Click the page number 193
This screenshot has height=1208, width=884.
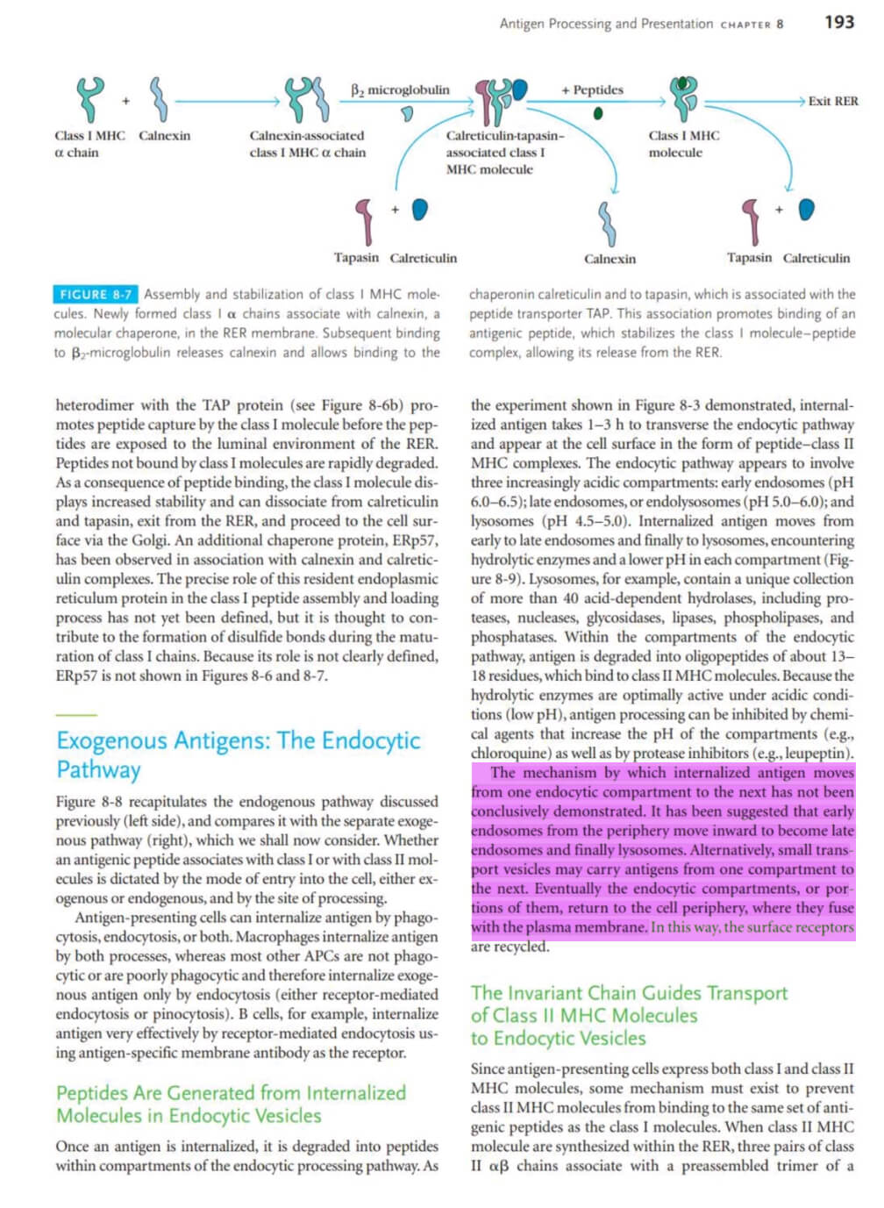click(839, 22)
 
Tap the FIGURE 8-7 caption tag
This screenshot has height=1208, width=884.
click(95, 295)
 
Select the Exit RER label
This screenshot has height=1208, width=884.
click(833, 101)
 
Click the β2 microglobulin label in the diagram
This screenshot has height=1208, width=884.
click(400, 89)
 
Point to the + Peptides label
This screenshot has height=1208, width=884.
click(592, 89)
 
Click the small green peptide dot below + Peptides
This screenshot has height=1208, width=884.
click(598, 113)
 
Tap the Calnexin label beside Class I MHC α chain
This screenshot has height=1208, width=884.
click(164, 135)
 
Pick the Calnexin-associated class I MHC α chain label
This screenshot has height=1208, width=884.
click(307, 144)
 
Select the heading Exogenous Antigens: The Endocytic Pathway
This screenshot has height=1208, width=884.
click(239, 754)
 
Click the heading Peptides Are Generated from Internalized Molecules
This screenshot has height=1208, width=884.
click(231, 1104)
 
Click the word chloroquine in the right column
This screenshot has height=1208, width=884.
click(507, 753)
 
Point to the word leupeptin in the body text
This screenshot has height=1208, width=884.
click(816, 753)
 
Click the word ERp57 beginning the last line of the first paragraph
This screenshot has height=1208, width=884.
click(76, 675)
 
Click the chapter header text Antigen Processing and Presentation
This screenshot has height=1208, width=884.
click(606, 24)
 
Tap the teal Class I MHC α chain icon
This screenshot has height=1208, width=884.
click(89, 98)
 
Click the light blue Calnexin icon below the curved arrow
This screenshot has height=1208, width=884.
click(607, 224)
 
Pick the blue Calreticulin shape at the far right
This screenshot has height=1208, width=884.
click(807, 209)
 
